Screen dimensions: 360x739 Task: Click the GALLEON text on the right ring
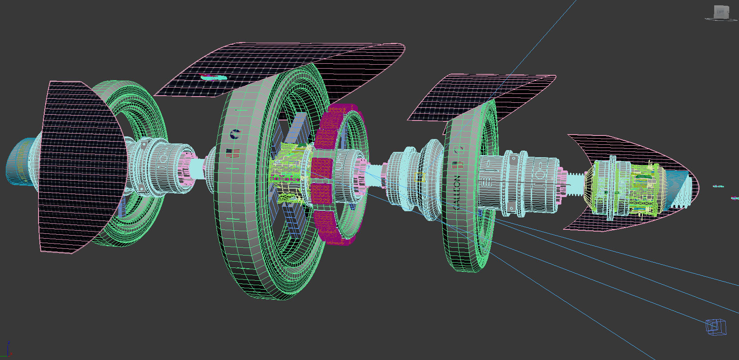[x=457, y=192]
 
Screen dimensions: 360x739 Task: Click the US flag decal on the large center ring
[x=233, y=153]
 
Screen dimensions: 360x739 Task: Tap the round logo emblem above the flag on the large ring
[x=235, y=133]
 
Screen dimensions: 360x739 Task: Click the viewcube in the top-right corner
[x=720, y=12]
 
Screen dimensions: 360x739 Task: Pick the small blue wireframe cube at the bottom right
[x=716, y=327]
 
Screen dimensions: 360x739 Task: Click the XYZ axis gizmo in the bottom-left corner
[x=6, y=350]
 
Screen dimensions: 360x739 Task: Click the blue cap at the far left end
[x=18, y=161]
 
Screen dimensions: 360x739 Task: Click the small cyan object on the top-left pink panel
[x=214, y=77]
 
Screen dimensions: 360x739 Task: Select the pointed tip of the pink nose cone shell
[x=698, y=186]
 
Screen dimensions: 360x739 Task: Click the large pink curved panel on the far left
[x=75, y=168]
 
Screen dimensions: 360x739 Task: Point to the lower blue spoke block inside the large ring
[x=292, y=221]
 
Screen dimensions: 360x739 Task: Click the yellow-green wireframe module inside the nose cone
[x=625, y=188]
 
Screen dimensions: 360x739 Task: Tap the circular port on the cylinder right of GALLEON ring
[x=540, y=174]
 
